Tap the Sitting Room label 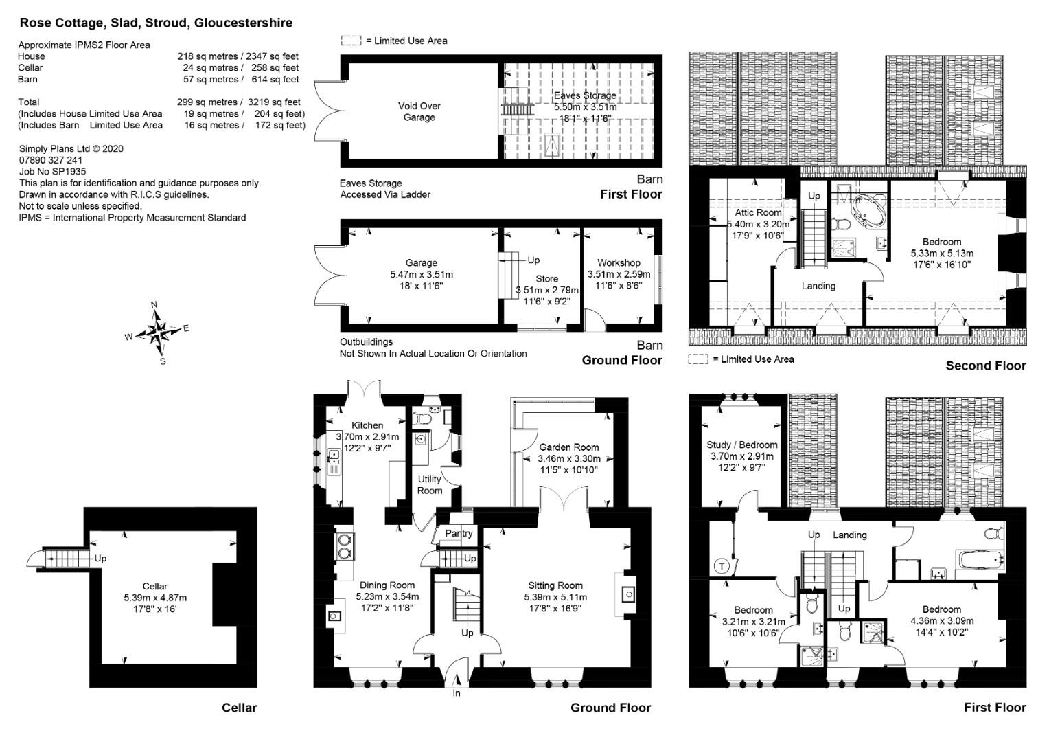(555, 585)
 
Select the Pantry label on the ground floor (459, 533)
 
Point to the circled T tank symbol (722, 566)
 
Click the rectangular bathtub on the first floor (980, 560)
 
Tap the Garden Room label (568, 447)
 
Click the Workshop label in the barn (619, 263)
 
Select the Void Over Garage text (419, 111)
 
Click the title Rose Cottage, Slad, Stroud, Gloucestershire (156, 23)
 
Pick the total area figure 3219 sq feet (274, 102)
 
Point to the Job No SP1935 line (52, 172)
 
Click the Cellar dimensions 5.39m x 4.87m (155, 598)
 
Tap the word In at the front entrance (456, 693)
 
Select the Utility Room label (430, 484)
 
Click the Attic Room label (758, 212)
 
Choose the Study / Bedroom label (742, 445)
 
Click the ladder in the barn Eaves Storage (518, 110)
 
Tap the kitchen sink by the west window (334, 462)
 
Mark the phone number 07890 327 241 (51, 160)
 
